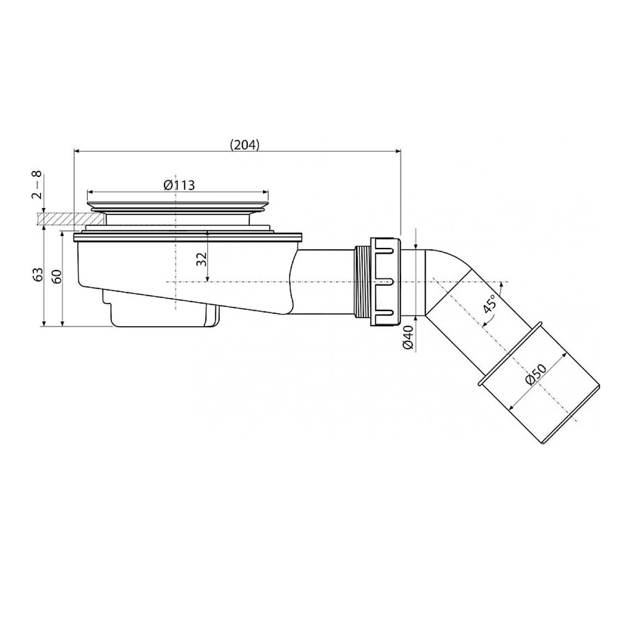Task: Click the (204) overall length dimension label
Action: click(245, 144)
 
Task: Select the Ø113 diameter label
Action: click(179, 185)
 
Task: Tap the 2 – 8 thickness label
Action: click(38, 184)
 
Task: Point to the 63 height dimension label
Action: click(38, 275)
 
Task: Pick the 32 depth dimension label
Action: click(202, 260)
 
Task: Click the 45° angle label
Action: click(489, 304)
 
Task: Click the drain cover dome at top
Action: click(178, 204)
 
